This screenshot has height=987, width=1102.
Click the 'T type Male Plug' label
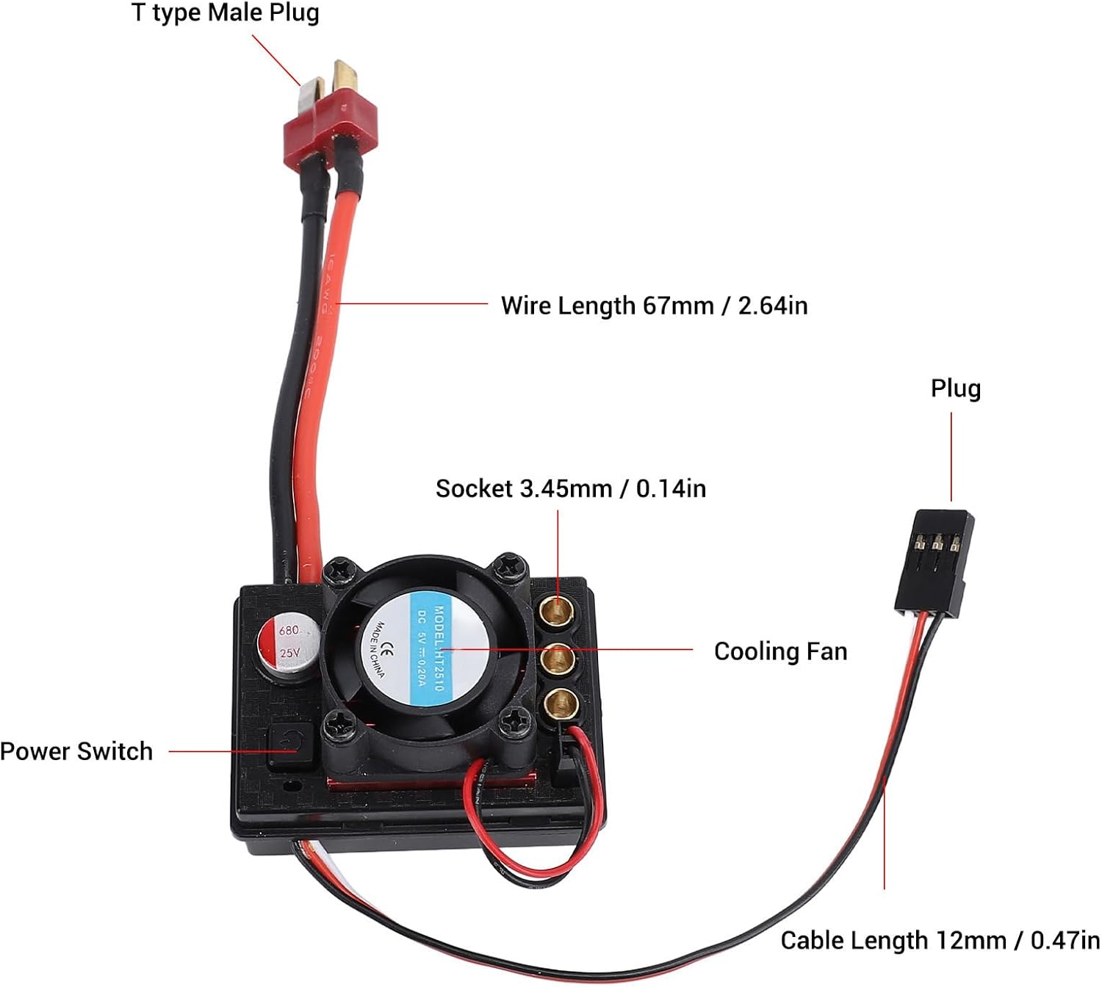[225, 13]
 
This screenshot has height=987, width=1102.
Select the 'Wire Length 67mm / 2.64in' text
[654, 305]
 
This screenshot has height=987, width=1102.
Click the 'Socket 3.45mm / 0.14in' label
[570, 488]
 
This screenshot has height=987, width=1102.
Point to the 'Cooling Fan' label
[780, 651]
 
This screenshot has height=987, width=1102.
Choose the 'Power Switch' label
[76, 751]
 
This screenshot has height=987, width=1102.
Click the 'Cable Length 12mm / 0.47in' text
[940, 940]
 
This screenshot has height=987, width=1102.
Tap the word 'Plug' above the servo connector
[955, 388]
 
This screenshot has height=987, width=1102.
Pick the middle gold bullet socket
[558, 658]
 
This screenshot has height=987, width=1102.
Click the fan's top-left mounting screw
[342, 568]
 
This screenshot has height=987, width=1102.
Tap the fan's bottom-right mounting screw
[512, 726]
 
